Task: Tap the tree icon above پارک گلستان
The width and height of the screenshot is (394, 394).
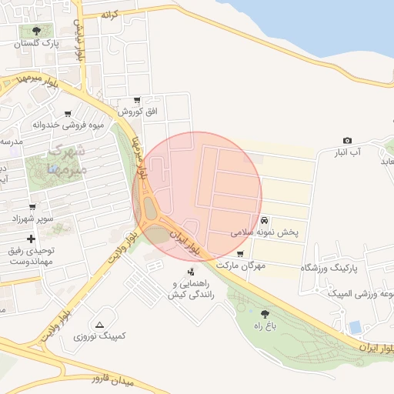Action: (35, 31)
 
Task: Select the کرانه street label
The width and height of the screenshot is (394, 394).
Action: (116, 15)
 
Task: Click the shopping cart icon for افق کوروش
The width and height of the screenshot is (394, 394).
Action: (137, 100)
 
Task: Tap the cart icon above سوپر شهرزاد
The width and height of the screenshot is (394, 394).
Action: (32, 206)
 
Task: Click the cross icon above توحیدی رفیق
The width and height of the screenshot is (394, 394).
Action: (31, 239)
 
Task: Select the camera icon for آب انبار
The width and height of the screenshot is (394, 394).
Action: (348, 141)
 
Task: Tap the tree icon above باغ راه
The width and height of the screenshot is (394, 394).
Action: (265, 313)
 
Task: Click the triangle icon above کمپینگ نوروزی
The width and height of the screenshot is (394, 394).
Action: (100, 324)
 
